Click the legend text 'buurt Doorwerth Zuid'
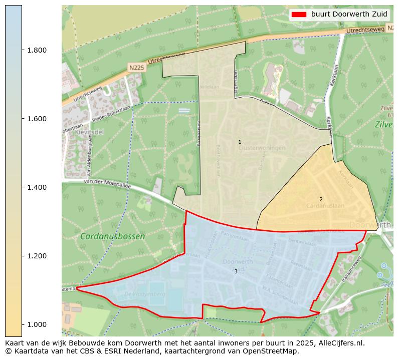[x=349, y=14]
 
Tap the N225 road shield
[x=136, y=67]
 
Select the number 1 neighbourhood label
[x=240, y=142]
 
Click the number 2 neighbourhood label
[x=321, y=199]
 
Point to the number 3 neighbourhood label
[x=236, y=271]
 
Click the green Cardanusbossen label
[x=112, y=236]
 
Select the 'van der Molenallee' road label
[x=107, y=185]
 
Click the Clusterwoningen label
[x=262, y=148]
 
